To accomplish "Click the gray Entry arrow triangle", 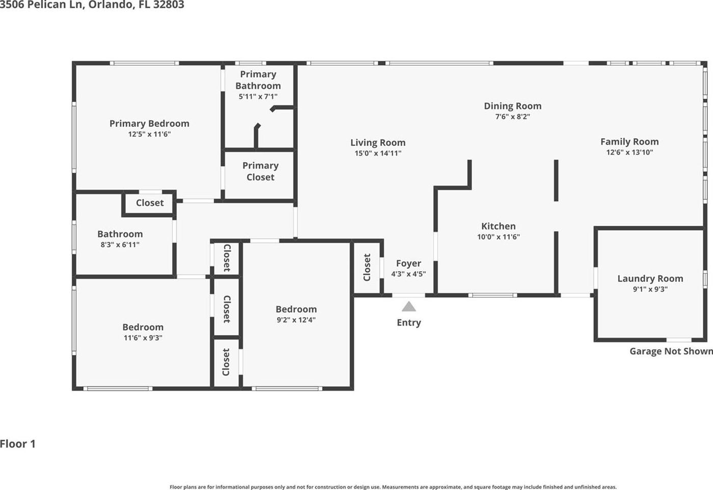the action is (x=408, y=306).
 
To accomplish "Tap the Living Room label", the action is (x=378, y=142).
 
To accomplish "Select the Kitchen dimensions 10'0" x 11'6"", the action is (x=499, y=237).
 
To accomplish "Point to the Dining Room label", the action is (x=512, y=106).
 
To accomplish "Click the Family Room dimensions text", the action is (x=629, y=152).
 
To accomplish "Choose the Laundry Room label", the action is (x=650, y=278).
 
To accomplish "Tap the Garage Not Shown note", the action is (x=671, y=351).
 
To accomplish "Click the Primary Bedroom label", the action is (x=149, y=123).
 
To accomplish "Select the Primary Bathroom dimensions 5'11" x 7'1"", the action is (x=258, y=96).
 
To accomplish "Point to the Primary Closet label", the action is (x=260, y=171).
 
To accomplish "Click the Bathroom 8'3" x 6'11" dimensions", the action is (x=120, y=245).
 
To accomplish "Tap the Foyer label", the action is (x=408, y=264).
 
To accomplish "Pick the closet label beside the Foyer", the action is (x=367, y=267).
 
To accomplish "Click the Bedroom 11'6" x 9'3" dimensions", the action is (x=143, y=338).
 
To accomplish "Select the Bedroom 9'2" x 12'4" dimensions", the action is (x=296, y=320).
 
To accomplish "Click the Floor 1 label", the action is (x=18, y=444).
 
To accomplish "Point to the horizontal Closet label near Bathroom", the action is (x=150, y=202).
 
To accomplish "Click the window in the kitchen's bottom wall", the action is (x=493, y=295).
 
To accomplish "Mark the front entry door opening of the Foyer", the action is (x=408, y=295).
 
